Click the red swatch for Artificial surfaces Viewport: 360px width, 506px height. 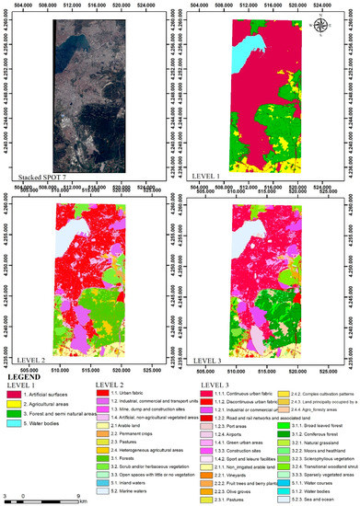tap(16, 368)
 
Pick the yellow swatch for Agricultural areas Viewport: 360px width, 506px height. tap(16, 379)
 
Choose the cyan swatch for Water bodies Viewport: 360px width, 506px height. tap(16, 401)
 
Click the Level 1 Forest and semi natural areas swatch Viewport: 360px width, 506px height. tap(16, 390)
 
